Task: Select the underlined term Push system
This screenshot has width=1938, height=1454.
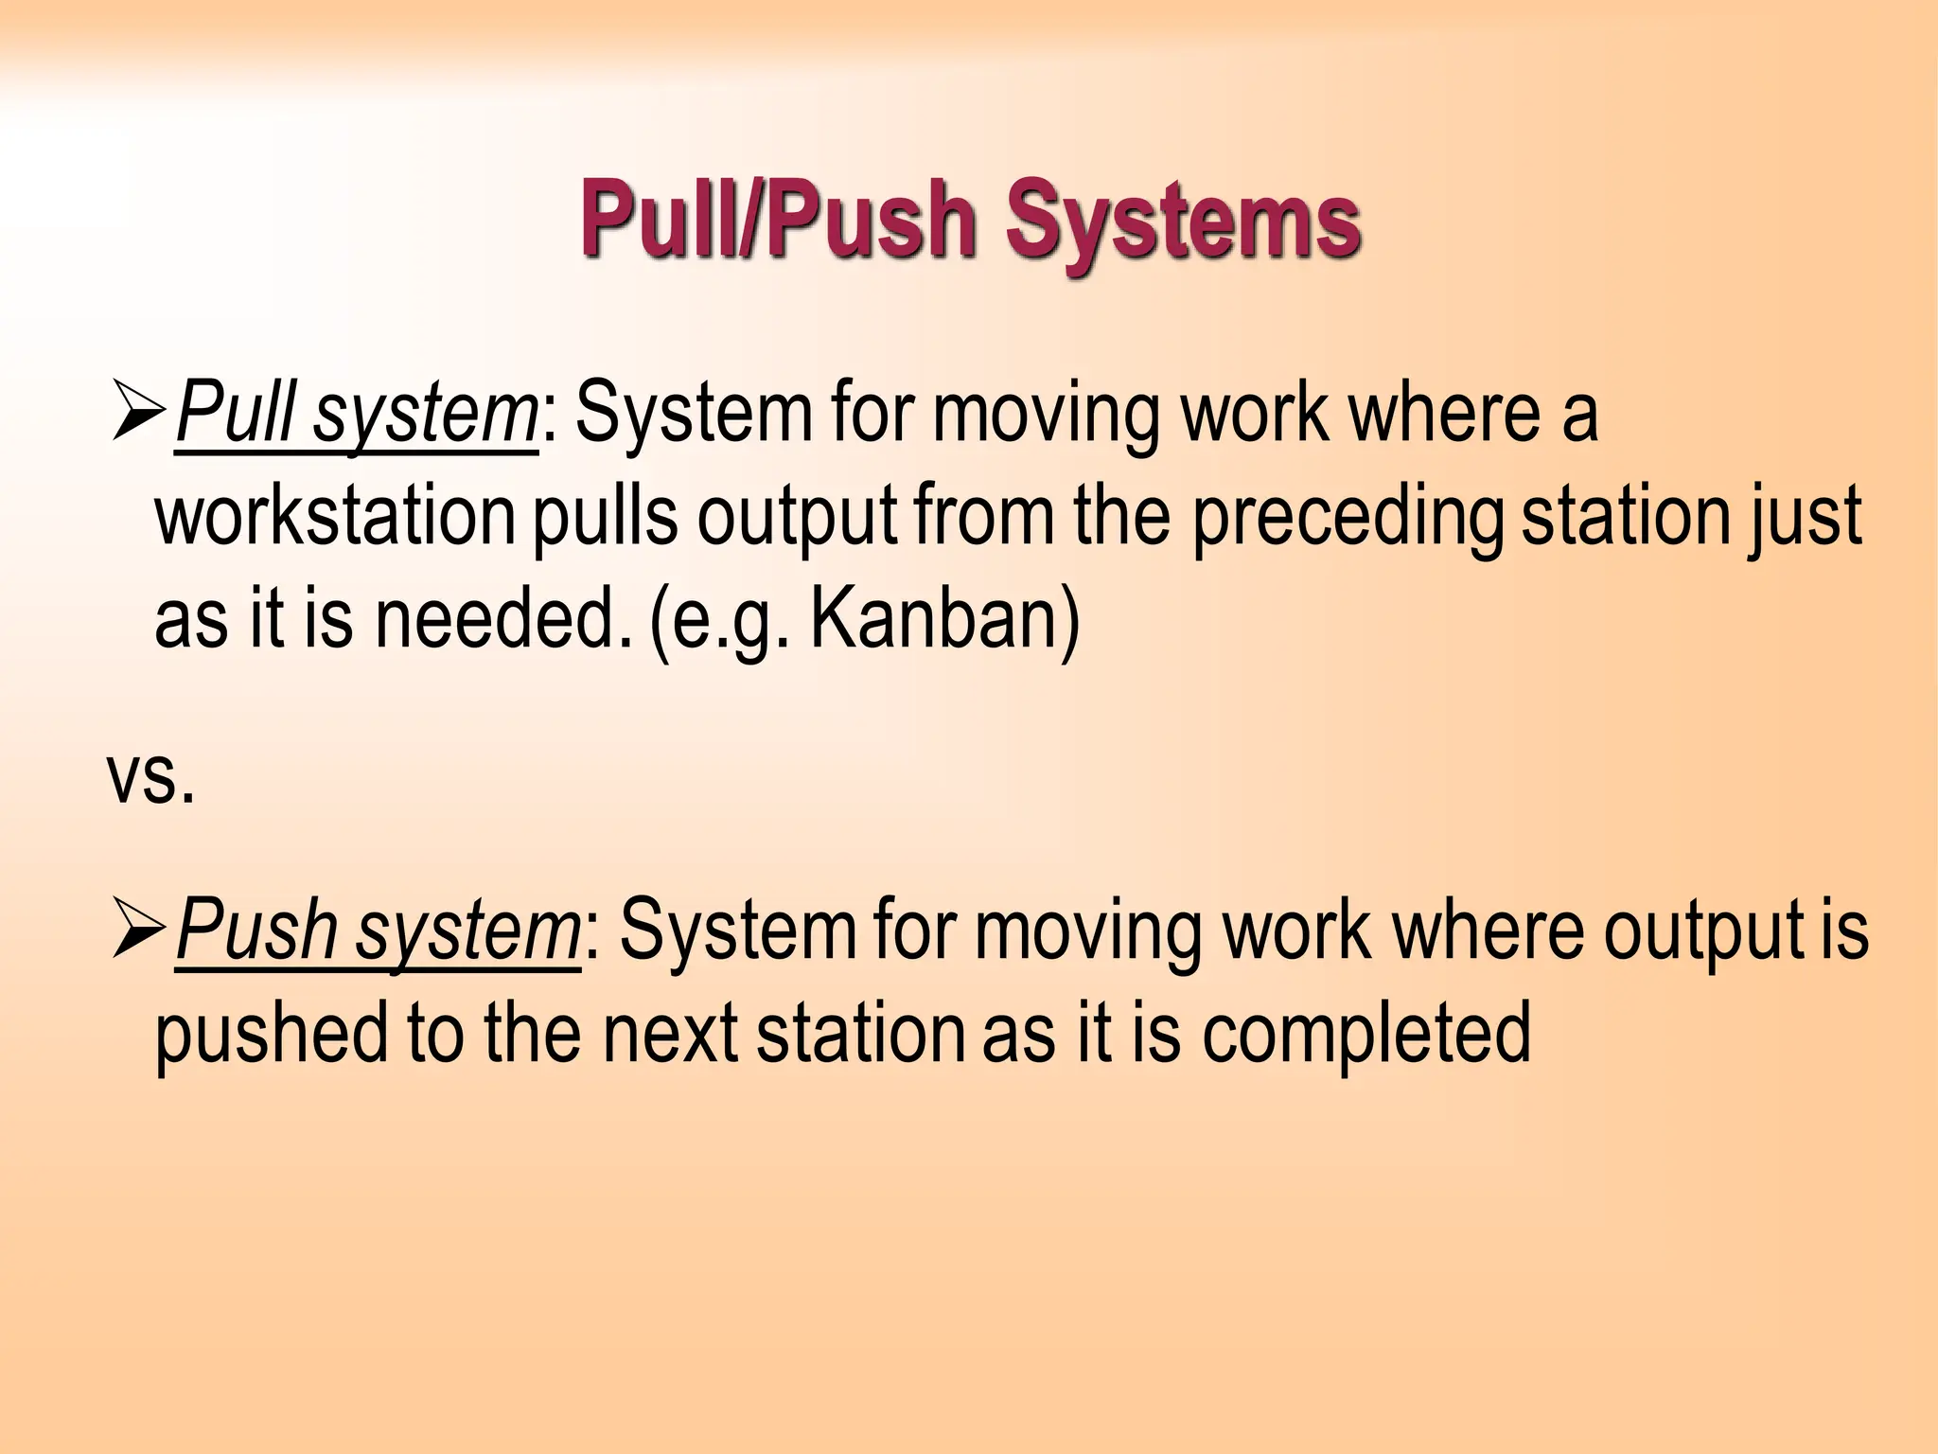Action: tap(378, 931)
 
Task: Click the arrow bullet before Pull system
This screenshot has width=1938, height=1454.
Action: tap(138, 415)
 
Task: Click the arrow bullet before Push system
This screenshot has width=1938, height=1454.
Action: tap(138, 931)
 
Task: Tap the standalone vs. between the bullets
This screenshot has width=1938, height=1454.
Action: tap(151, 776)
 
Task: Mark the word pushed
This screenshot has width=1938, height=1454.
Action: tap(272, 1034)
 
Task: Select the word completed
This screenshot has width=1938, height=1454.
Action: tap(1366, 1034)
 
